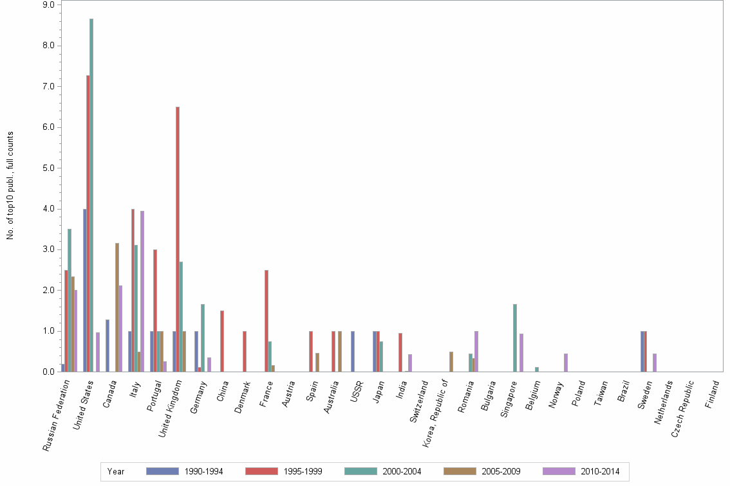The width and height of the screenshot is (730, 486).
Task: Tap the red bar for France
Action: (267, 321)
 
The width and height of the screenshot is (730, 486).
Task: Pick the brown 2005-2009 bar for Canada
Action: (117, 307)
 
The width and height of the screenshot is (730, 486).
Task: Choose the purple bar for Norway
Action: (566, 363)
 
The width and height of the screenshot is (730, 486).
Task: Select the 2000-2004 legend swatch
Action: (360, 472)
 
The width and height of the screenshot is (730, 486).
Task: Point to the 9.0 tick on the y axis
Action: (49, 4)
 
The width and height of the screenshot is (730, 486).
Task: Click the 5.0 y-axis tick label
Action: (49, 168)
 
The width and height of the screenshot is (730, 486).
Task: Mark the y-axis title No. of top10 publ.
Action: (10, 186)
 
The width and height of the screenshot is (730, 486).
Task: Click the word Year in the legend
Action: (117, 472)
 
